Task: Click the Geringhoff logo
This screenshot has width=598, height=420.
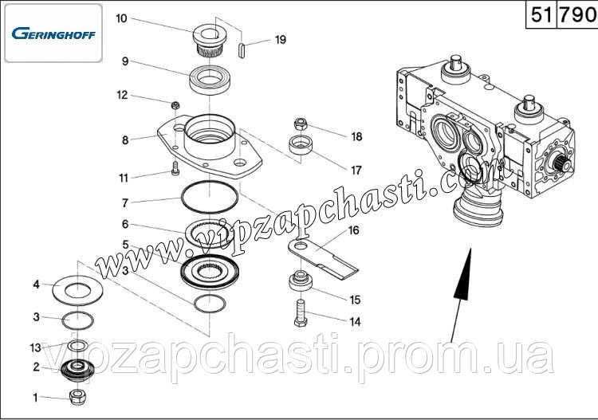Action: point(53,33)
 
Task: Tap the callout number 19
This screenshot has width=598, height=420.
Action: point(281,40)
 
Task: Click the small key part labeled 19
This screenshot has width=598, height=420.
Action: point(241,50)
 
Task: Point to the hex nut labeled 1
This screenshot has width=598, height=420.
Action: point(78,397)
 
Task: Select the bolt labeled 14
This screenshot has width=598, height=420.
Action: point(301,313)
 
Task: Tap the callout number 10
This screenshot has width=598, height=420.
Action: point(121,18)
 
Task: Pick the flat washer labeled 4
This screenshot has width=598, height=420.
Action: point(77,290)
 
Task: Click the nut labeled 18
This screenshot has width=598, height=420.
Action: point(301,124)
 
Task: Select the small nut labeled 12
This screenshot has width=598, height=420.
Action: point(175,105)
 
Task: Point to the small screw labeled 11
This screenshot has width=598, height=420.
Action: point(175,168)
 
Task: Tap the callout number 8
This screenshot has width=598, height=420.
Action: point(125,140)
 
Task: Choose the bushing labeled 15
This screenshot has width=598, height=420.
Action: point(301,281)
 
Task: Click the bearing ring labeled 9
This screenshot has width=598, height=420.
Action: point(210,80)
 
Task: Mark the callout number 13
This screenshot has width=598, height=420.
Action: point(35,347)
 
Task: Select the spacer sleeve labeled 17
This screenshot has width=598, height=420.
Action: point(301,144)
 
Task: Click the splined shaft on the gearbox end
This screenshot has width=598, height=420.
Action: point(561,165)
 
